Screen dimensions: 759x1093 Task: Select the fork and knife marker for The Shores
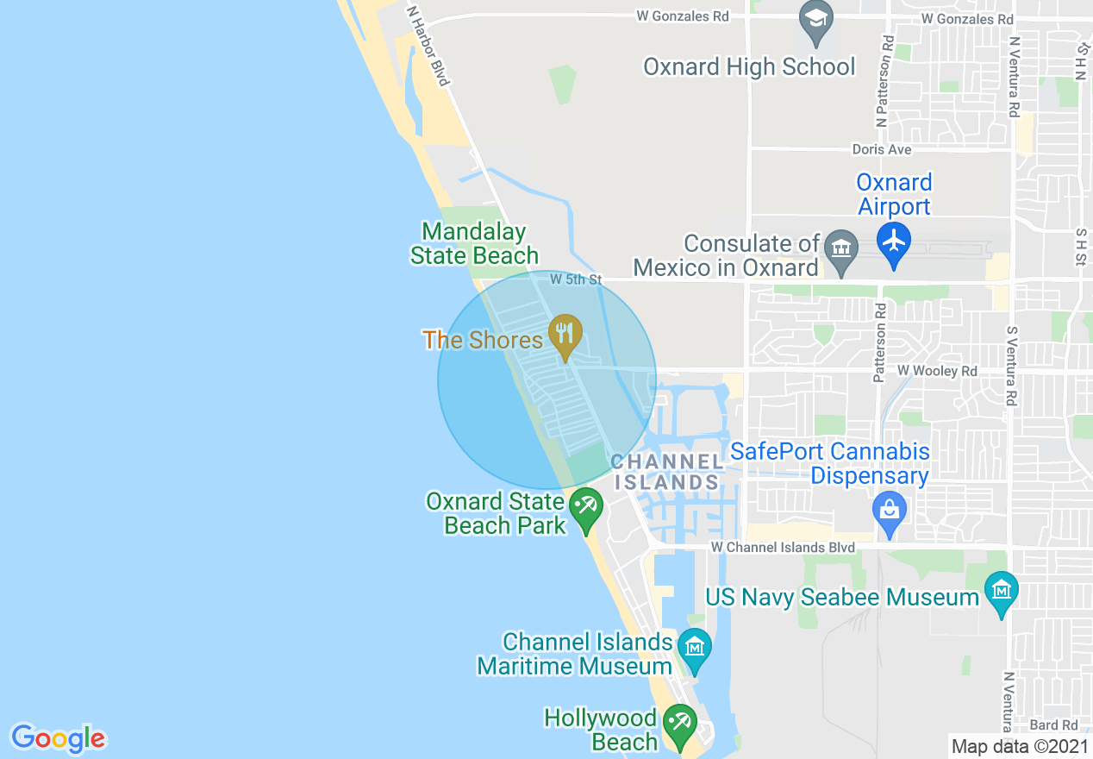[x=565, y=333]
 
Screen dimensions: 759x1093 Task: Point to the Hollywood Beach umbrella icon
[x=679, y=721]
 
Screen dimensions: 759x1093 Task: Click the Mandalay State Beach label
[x=474, y=243]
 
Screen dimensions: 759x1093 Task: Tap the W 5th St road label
[x=575, y=279]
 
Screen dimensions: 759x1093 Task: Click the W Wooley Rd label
[x=937, y=371]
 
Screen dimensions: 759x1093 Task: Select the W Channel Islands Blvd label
[x=783, y=548]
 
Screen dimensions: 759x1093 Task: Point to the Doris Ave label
[x=881, y=149]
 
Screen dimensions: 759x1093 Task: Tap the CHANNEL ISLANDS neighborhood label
[x=666, y=472]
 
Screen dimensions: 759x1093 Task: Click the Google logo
[x=58, y=738]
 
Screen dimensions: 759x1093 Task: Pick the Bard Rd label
[x=1053, y=725]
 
